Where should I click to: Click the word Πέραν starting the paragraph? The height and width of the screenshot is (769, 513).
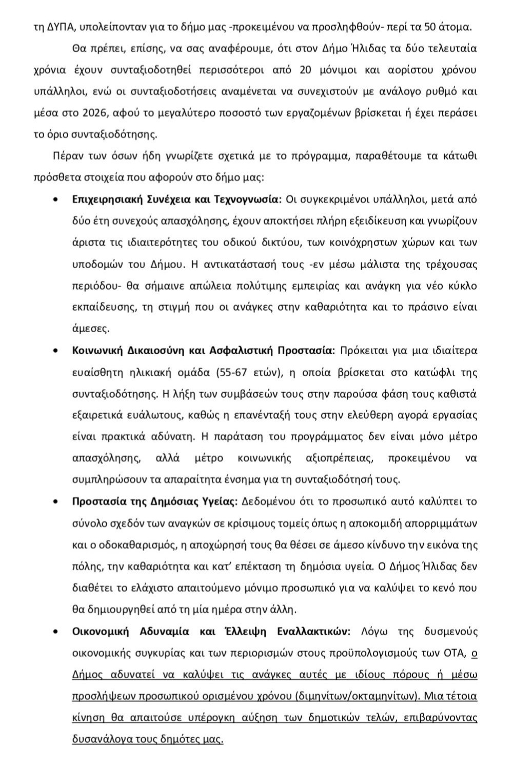(x=66, y=156)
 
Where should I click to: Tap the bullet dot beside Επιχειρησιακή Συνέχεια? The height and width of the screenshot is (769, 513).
(x=55, y=200)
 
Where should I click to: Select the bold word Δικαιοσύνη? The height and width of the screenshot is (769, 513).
(x=160, y=351)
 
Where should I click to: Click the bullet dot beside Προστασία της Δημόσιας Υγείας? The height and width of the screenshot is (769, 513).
(x=55, y=501)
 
